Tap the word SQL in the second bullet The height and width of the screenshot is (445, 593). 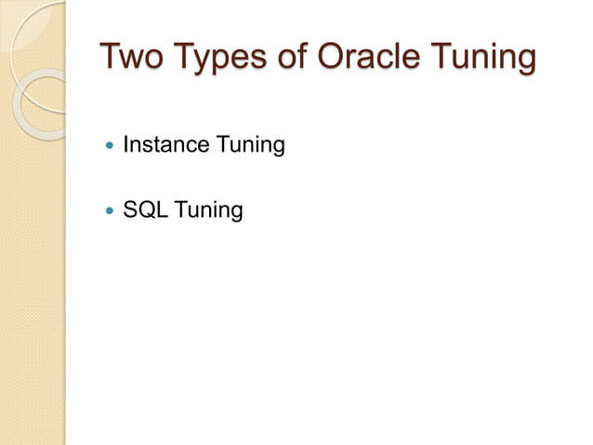(144, 211)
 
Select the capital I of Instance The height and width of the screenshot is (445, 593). (125, 145)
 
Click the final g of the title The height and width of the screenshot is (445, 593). (525, 62)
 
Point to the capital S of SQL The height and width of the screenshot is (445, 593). (130, 211)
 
